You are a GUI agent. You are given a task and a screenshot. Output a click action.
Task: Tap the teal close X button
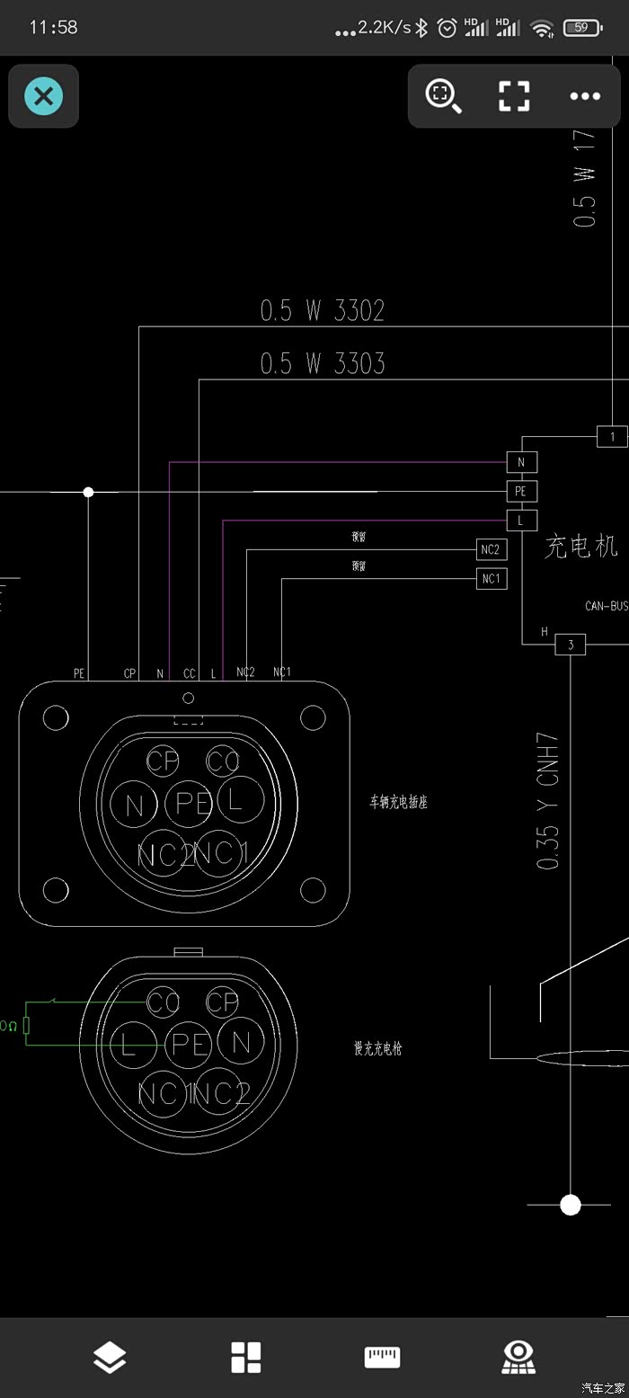pos(43,95)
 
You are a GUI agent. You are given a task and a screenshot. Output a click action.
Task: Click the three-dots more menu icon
pos(585,96)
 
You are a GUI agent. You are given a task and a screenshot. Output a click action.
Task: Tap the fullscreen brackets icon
pos(514,96)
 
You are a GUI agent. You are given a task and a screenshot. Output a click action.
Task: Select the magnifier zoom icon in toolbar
pos(443,96)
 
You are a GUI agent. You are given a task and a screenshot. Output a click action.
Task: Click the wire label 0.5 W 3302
pos(322,311)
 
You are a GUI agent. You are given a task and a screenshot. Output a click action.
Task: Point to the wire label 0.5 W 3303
pos(322,363)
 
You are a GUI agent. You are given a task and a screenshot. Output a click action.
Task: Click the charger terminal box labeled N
pos(522,462)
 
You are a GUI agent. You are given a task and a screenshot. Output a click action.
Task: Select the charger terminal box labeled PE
pos(522,491)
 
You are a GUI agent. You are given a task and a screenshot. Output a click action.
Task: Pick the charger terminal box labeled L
pos(522,520)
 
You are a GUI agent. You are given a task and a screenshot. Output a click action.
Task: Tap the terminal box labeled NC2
pos(491,549)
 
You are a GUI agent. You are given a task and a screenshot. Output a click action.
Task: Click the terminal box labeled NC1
pos(491,578)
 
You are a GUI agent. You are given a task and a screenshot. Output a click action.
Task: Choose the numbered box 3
pos(571,644)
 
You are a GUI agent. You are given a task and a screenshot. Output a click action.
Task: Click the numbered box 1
pos(612,437)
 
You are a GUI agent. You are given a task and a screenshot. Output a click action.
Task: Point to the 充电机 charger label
pos(580,546)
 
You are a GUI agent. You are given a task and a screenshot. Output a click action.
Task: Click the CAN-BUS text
pos(607,606)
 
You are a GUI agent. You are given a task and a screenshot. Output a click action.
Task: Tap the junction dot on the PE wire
pos(88,492)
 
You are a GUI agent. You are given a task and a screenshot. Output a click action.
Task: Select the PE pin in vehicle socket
pos(189,803)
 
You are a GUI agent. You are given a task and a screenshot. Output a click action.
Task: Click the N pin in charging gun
pos(240,1043)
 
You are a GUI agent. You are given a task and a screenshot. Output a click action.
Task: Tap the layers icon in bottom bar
pos(110,1358)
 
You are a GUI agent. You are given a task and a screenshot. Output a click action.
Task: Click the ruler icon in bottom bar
pos(382,1358)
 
